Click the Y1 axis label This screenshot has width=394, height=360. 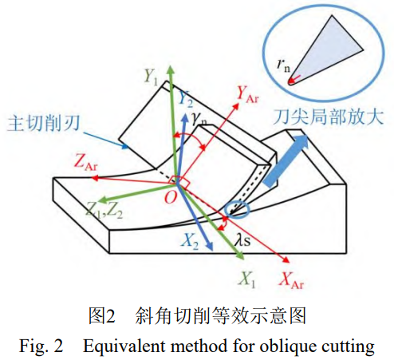151,77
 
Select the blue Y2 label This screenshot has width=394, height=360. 186,99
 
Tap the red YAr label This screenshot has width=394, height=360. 247,95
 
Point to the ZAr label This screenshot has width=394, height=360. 86,162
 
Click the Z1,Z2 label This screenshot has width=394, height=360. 104,210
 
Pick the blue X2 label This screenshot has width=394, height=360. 190,242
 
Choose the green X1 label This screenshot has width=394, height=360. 247,280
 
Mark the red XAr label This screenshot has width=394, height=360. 290,281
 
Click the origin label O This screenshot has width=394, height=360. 171,197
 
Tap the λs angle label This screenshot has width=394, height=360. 242,240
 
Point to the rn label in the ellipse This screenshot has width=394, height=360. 283,65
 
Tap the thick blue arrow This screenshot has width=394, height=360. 286,160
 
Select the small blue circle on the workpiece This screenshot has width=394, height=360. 237,210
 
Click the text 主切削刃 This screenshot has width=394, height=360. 43,123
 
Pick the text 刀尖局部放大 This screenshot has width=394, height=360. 329,117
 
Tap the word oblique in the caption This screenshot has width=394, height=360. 288,346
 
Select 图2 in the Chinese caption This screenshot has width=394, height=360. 102,316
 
